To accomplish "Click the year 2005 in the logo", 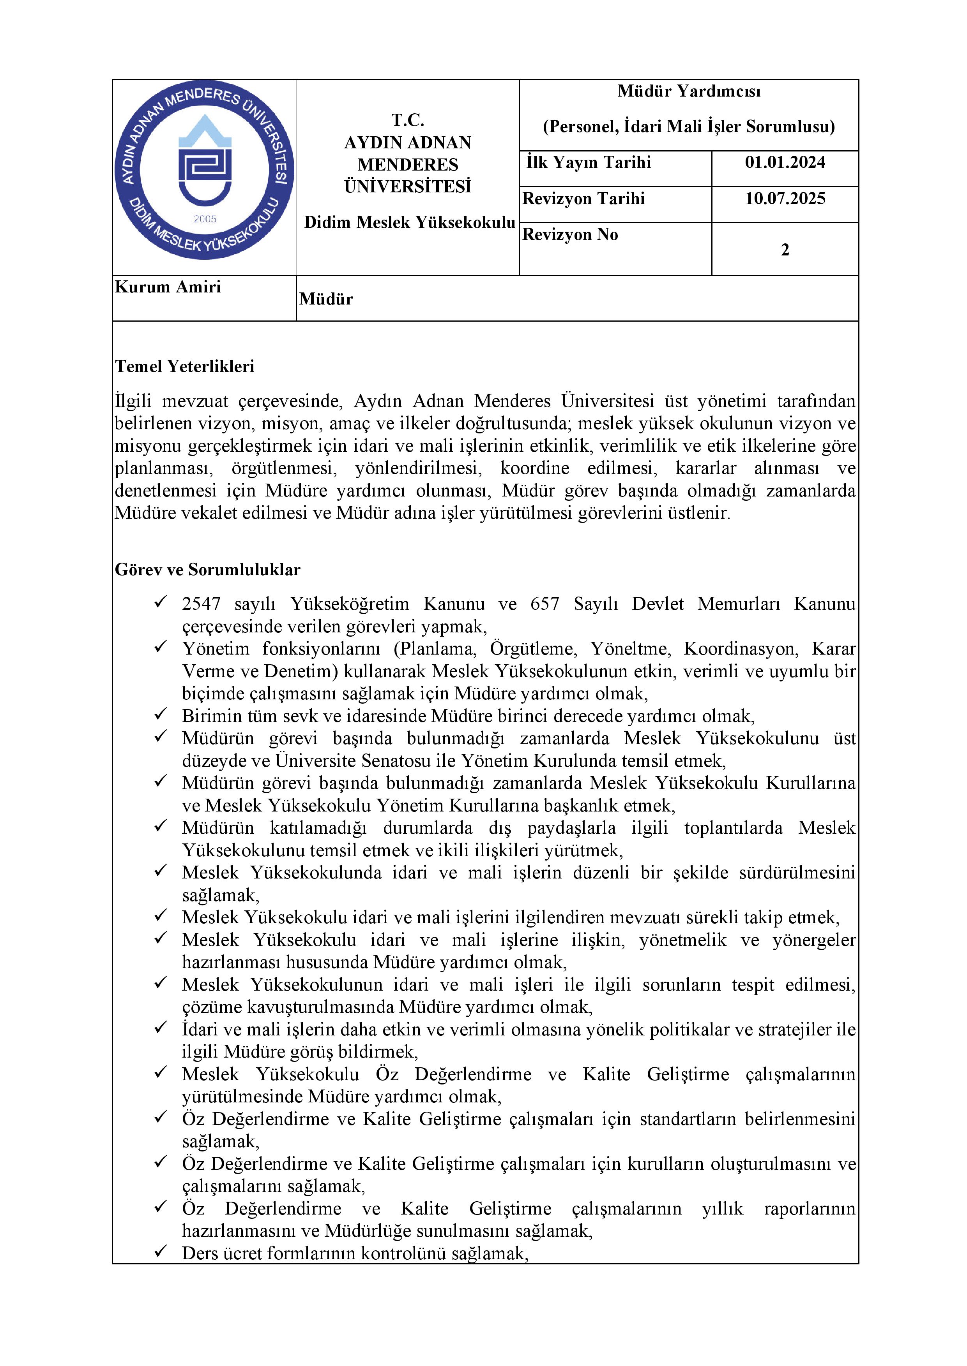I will pos(205,219).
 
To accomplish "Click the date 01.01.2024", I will pos(785,162).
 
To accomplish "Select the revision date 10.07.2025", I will pos(785,199).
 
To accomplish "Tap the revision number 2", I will pos(785,250).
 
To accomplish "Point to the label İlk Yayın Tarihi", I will pos(588,162).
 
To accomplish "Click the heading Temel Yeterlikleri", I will pos(185,366).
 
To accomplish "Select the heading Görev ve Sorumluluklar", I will pos(207,570).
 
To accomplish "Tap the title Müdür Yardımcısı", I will pos(689,91).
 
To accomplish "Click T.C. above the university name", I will pos(408,120).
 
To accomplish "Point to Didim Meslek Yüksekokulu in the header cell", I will pos(410,222).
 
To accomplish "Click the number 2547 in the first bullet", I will pos(201,604).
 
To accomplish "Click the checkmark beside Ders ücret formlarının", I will pos(160,1252).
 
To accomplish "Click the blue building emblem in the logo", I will pos(205,161).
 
